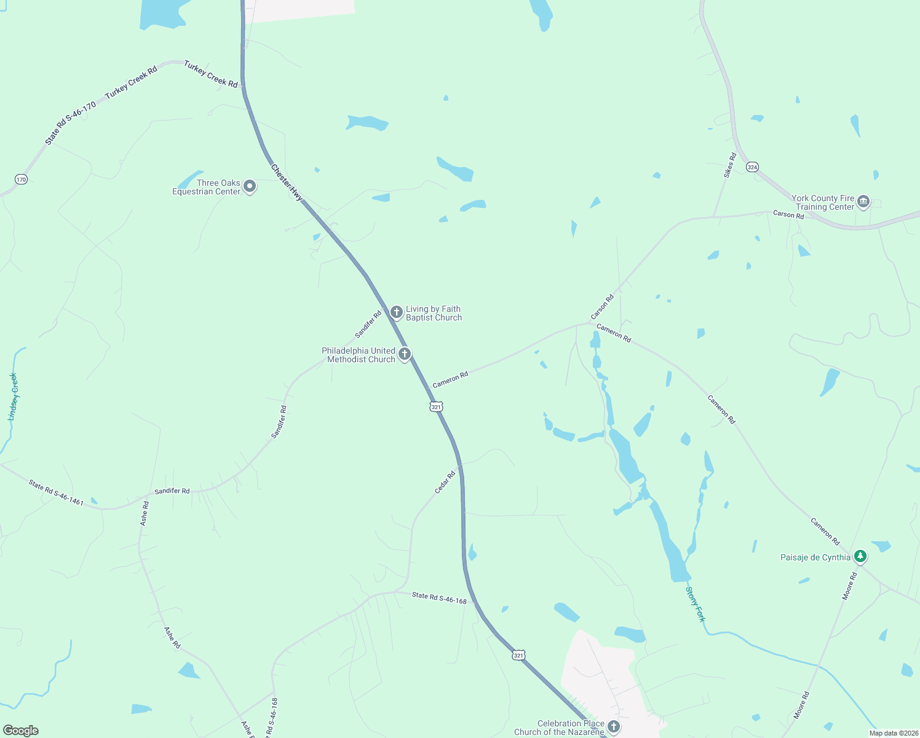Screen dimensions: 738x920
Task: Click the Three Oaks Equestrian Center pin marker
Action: click(x=250, y=186)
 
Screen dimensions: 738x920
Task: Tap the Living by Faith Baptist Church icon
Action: click(x=397, y=312)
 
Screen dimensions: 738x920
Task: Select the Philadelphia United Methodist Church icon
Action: click(x=405, y=354)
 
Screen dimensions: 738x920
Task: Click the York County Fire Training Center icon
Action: click(x=863, y=202)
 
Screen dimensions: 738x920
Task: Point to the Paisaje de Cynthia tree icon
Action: click(x=860, y=557)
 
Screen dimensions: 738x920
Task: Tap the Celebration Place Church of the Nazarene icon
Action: click(x=613, y=727)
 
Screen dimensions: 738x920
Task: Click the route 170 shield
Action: click(x=22, y=180)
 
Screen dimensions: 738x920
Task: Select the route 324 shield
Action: click(x=752, y=167)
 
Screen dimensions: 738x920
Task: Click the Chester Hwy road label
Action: click(x=287, y=183)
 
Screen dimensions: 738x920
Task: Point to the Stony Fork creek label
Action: click(x=695, y=604)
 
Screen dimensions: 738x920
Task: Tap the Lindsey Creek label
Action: click(x=13, y=397)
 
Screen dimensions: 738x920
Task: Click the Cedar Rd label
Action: click(x=445, y=482)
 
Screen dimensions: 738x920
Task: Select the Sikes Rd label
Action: click(x=729, y=165)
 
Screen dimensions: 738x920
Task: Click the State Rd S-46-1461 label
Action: click(x=56, y=493)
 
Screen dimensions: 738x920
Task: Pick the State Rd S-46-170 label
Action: click(x=70, y=124)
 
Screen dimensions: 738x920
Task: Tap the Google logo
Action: click(x=21, y=730)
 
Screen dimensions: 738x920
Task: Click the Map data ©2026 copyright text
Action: click(x=893, y=733)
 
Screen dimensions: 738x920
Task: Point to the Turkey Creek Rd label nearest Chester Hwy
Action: click(x=210, y=74)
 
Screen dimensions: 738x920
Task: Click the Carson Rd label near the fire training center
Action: click(x=788, y=215)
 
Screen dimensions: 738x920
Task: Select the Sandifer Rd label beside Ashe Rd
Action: click(x=172, y=491)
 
